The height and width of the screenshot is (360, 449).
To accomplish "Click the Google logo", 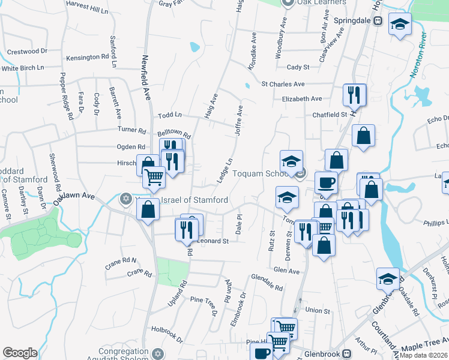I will click(20, 353).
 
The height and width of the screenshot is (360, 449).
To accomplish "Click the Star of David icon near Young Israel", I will click(126, 199).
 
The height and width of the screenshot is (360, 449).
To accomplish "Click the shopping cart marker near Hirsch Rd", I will click(154, 176).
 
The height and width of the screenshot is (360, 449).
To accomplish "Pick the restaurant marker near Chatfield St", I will click(354, 94).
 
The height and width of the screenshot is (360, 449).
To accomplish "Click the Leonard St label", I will click(213, 241).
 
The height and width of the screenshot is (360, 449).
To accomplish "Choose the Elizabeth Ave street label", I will click(302, 98).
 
